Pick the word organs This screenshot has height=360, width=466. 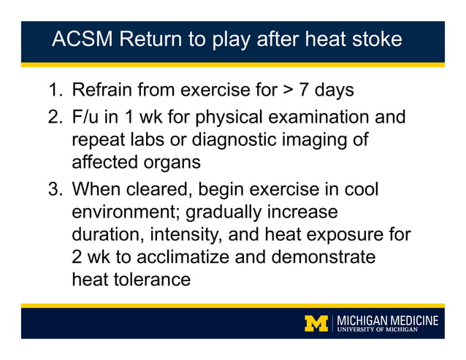coord(180,162)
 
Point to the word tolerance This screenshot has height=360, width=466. coord(150,279)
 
